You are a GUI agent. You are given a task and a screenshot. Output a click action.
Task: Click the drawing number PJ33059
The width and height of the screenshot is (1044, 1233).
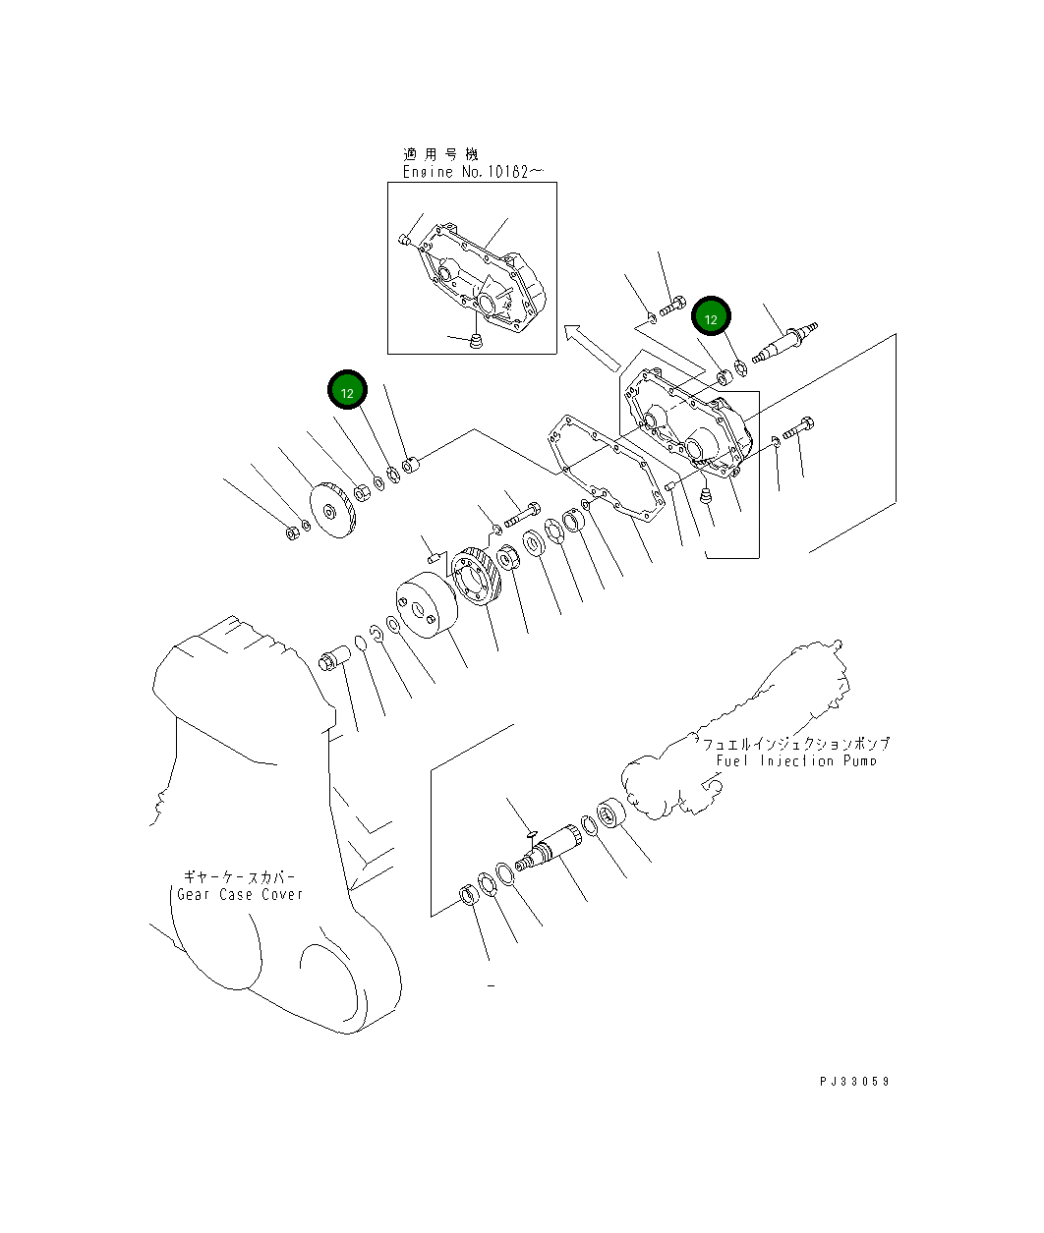tap(854, 1081)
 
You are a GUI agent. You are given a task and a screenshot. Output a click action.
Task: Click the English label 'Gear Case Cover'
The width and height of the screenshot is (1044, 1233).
tap(240, 894)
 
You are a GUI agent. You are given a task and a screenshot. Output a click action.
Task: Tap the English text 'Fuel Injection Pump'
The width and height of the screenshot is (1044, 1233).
tap(795, 760)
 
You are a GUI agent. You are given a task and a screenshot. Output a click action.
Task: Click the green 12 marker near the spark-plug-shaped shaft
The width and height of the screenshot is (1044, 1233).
tap(711, 317)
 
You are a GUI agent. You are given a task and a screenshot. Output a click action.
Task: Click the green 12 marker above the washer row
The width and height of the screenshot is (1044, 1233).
tap(347, 391)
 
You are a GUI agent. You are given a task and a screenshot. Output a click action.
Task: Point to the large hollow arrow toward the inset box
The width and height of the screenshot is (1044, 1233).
tap(593, 348)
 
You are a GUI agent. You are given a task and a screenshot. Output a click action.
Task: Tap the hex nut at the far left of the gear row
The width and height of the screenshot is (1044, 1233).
tap(292, 532)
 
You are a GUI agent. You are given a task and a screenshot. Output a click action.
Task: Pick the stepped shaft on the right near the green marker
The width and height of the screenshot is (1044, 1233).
tap(787, 340)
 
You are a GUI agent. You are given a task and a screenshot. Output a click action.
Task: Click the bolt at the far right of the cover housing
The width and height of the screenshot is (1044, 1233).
tap(800, 428)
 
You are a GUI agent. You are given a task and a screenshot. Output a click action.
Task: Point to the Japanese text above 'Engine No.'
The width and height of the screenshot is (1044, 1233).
tap(439, 154)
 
